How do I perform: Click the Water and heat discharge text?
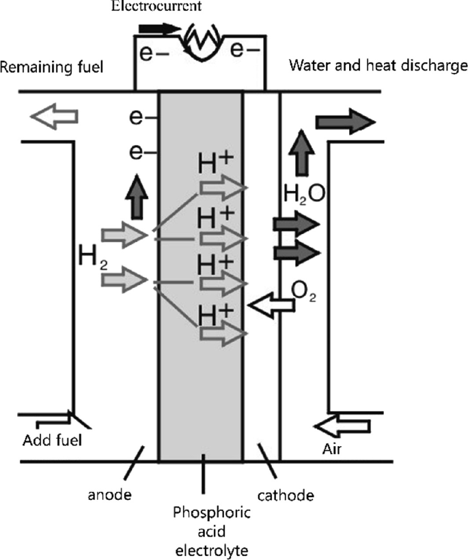coord(378,66)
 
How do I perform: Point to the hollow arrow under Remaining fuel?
coord(54,117)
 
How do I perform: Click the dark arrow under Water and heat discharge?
coord(345,123)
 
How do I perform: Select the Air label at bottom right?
coord(333,451)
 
